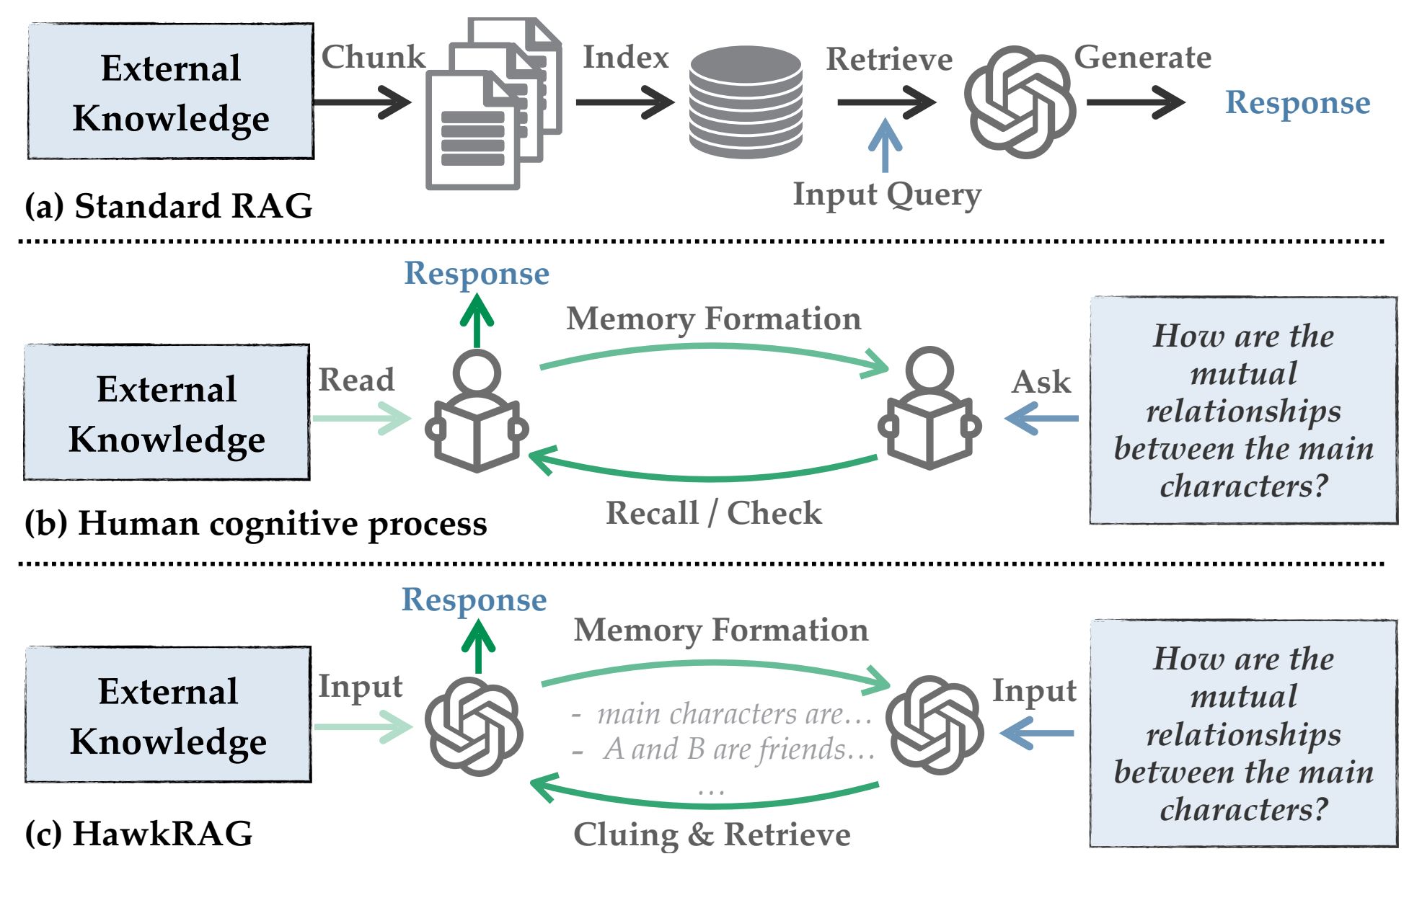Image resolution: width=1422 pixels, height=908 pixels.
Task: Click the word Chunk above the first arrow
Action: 373,57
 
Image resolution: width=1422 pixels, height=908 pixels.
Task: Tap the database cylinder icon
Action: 746,102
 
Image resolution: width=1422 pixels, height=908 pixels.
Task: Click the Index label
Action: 625,57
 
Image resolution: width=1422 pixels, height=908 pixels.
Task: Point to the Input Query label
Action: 887,194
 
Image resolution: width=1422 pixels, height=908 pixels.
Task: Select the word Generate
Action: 1142,57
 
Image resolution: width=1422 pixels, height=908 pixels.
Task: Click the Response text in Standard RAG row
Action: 1297,102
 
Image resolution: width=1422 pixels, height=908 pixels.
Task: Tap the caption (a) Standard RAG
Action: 169,206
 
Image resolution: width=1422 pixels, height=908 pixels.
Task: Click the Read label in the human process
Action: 356,380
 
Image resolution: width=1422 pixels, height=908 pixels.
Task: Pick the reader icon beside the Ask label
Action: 929,408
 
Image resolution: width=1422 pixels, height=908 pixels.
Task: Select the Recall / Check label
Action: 713,513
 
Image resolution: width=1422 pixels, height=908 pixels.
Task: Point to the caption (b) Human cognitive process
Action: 256,523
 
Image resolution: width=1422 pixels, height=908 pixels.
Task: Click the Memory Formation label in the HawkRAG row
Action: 720,630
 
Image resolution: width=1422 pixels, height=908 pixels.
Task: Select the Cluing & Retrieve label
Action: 712,834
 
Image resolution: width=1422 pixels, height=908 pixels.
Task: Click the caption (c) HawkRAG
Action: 138,834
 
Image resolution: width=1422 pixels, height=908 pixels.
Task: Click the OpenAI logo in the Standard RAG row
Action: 1020,102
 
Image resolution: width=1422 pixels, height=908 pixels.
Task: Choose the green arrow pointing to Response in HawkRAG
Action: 477,646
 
